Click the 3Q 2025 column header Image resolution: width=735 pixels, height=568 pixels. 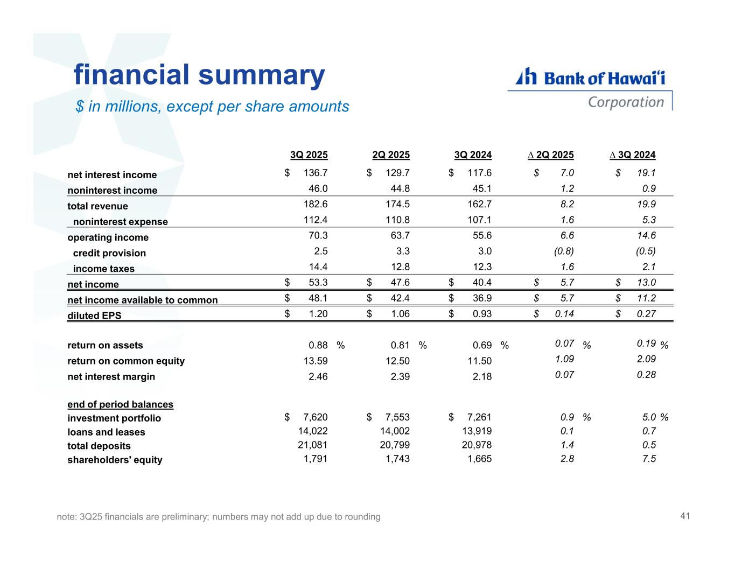coord(309,155)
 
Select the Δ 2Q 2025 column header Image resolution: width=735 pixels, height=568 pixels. coord(550,155)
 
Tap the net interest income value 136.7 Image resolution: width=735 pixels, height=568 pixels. coord(316,173)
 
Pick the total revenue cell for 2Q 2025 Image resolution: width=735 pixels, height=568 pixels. coord(398,204)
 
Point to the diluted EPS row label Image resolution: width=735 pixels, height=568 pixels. coord(94,315)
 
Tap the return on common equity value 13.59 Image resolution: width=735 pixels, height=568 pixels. coord(316,361)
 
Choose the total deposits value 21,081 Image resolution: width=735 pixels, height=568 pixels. coord(313,445)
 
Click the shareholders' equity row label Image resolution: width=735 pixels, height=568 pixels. coord(115,460)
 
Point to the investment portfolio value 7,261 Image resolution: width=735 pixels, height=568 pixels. coord(479,417)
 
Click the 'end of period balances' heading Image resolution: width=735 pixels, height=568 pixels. coord(120,404)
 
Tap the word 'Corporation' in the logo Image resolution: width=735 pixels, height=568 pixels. coord(626,102)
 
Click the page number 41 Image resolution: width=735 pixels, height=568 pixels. coord(685,516)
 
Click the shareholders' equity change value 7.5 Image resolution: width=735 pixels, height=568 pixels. coord(649,459)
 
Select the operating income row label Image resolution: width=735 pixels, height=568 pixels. coord(108,237)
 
